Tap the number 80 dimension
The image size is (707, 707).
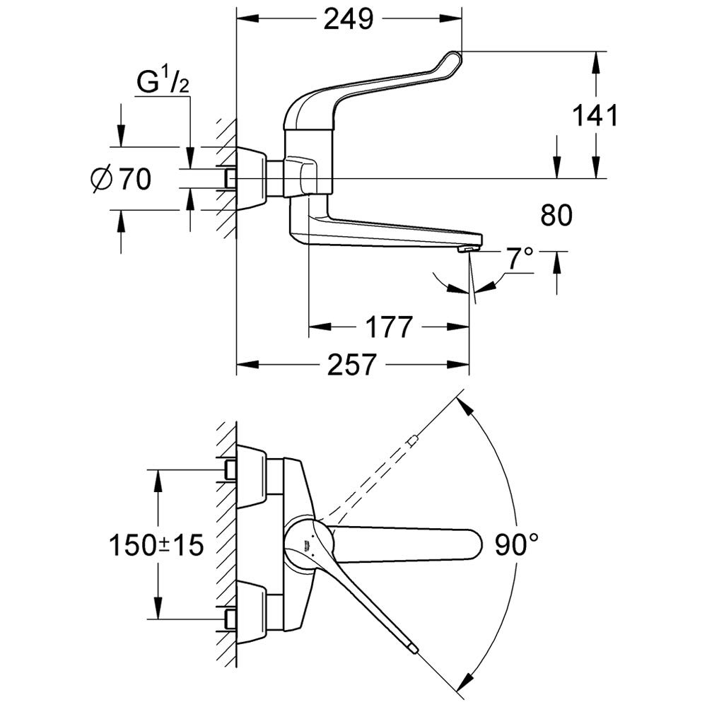pos(556,216)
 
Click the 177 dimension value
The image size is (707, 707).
pos(388,327)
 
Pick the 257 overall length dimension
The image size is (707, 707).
pos(351,366)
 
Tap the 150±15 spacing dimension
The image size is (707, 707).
pos(156,544)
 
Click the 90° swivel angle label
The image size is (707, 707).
pos(516,544)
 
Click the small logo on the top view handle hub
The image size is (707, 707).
pos(305,545)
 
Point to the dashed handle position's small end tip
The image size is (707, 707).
pos(413,441)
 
